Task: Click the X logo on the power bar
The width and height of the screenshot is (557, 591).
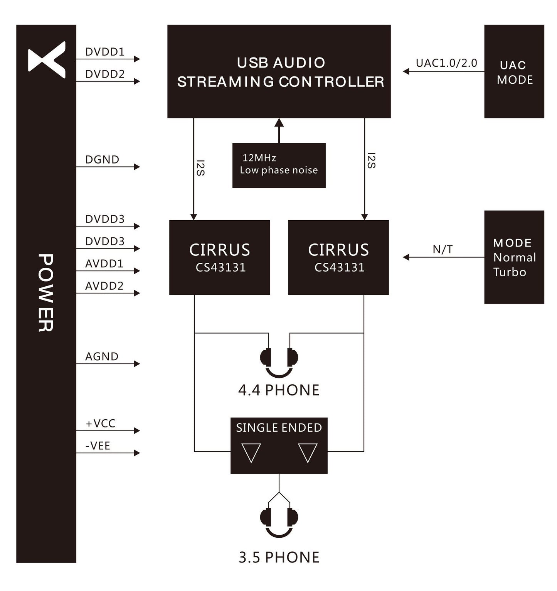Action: click(x=47, y=60)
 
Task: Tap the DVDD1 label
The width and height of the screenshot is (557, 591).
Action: click(x=105, y=52)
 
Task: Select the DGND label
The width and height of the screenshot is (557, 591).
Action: click(x=102, y=160)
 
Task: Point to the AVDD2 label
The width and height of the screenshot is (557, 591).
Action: click(x=104, y=286)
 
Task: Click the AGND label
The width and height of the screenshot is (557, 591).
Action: click(x=102, y=356)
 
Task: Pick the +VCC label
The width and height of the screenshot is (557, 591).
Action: click(x=100, y=424)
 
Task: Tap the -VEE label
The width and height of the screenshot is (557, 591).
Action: click(x=98, y=446)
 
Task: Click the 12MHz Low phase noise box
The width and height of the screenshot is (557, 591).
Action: click(x=279, y=165)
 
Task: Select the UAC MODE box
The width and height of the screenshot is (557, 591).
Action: click(x=514, y=71)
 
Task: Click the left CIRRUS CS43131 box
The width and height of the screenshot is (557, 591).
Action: click(x=219, y=257)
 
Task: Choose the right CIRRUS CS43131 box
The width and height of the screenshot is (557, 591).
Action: click(x=338, y=257)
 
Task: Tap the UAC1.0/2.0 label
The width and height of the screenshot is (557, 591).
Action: click(x=446, y=63)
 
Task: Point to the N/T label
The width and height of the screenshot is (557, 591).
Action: click(x=443, y=250)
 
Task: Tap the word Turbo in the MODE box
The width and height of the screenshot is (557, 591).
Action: click(x=510, y=272)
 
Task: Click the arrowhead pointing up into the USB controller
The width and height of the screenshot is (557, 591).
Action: click(x=279, y=123)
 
